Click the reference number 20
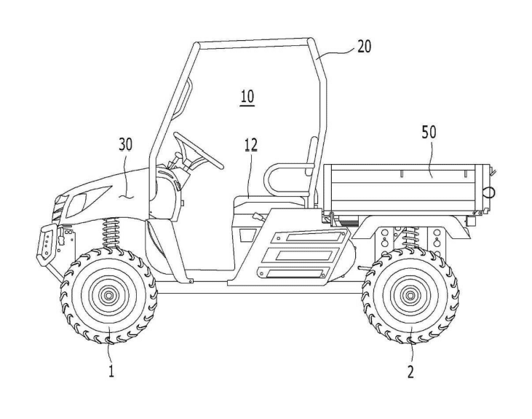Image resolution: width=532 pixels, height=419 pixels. coord(364,47)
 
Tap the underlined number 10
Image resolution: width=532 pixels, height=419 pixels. coord(247,96)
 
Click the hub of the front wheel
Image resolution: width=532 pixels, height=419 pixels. coord(109,296)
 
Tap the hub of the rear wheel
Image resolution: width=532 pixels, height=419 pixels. coord(410,296)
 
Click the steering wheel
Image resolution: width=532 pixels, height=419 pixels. coord(197,150)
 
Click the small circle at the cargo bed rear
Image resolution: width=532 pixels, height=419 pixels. coord(490,191)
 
